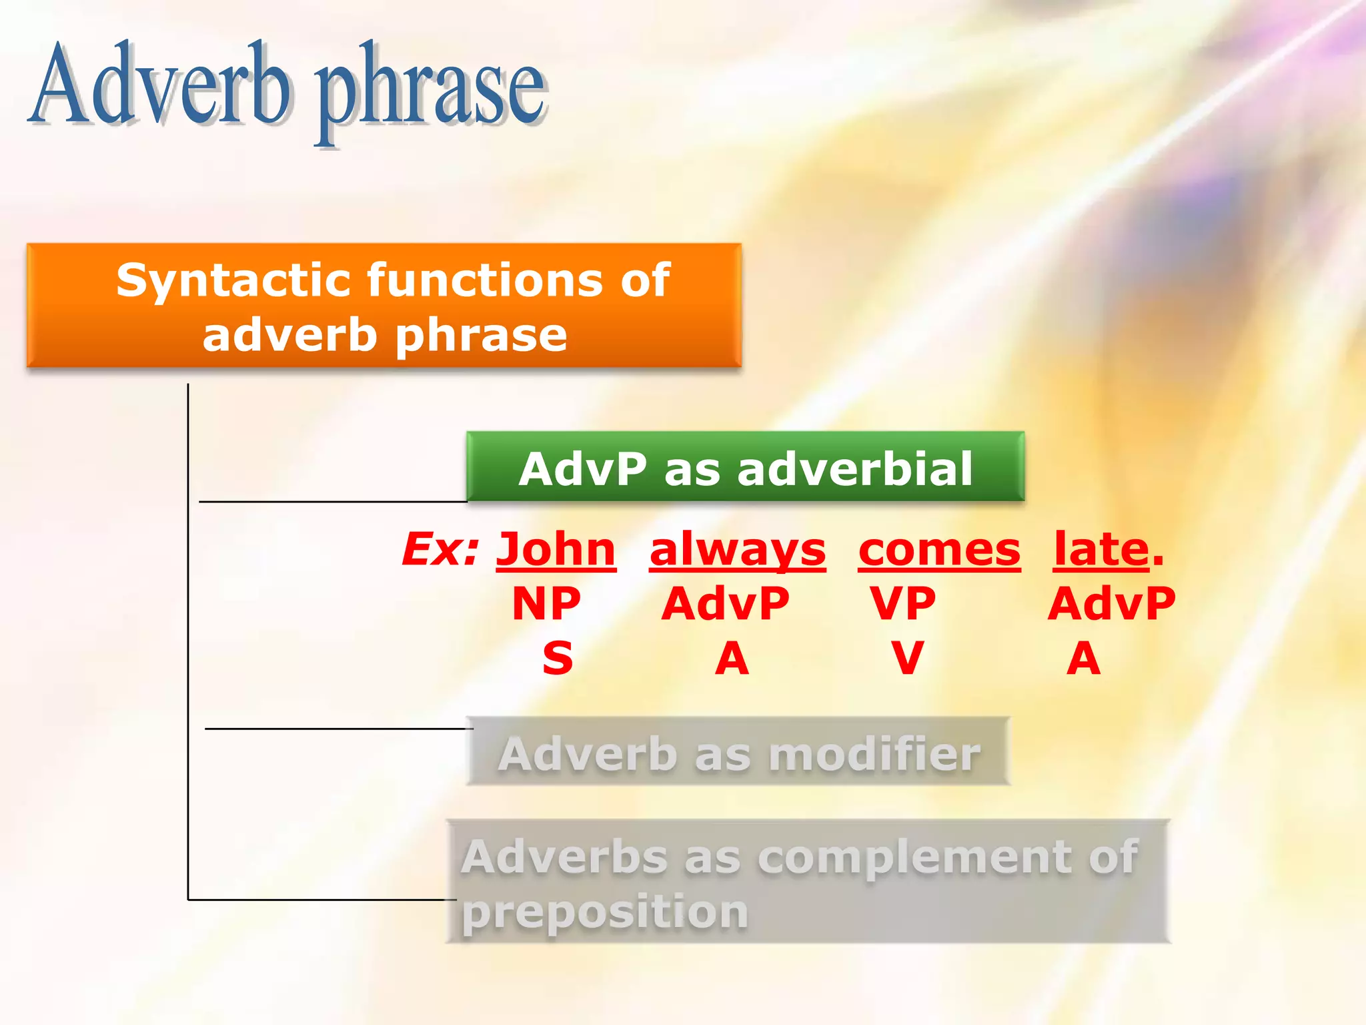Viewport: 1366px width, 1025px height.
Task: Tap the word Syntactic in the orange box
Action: [x=230, y=280]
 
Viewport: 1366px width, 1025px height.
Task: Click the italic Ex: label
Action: [x=441, y=550]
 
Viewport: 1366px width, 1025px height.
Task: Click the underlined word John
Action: [x=556, y=550]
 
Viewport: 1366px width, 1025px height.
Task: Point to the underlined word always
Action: [x=738, y=550]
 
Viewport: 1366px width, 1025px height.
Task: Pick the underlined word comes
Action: [x=939, y=550]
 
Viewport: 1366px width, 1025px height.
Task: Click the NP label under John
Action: [x=546, y=604]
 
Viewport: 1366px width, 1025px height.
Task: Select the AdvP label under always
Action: [x=726, y=604]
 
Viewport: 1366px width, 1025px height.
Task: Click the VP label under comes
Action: [x=903, y=604]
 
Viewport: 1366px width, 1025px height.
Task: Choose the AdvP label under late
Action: [x=1111, y=604]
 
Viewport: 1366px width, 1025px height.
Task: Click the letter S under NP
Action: [x=558, y=659]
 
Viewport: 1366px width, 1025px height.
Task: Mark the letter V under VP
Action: [x=908, y=659]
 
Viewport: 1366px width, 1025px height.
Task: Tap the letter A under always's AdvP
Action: [x=732, y=659]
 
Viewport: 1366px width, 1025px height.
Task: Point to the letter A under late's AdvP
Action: [x=1083, y=659]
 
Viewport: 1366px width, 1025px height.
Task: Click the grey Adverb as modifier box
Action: [x=738, y=752]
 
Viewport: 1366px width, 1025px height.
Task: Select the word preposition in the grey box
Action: [x=604, y=912]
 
